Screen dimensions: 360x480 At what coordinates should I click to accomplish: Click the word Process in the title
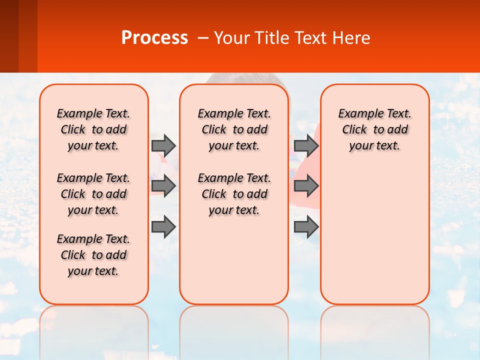tap(154, 37)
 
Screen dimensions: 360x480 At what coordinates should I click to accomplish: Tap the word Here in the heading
tap(352, 38)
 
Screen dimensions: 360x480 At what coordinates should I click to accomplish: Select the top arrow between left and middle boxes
tap(163, 145)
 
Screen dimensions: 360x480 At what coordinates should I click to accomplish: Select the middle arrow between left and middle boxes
tap(163, 186)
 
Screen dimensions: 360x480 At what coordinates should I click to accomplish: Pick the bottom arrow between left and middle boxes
tap(163, 227)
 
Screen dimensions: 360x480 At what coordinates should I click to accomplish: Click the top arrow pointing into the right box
tap(306, 145)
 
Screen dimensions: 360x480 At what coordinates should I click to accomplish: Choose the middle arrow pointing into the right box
tap(306, 186)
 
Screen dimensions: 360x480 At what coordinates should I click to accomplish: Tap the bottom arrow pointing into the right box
tap(306, 227)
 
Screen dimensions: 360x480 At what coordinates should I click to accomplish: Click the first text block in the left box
tap(93, 129)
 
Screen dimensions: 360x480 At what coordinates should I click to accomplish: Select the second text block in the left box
tap(93, 194)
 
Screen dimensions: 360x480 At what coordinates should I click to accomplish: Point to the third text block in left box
tap(93, 255)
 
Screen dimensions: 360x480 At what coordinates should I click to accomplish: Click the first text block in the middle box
tap(234, 129)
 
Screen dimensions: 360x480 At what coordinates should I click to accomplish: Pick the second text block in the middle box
tap(234, 194)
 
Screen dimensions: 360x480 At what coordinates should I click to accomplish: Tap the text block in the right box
tap(375, 129)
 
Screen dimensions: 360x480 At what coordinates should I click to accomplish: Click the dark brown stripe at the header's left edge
tap(9, 36)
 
